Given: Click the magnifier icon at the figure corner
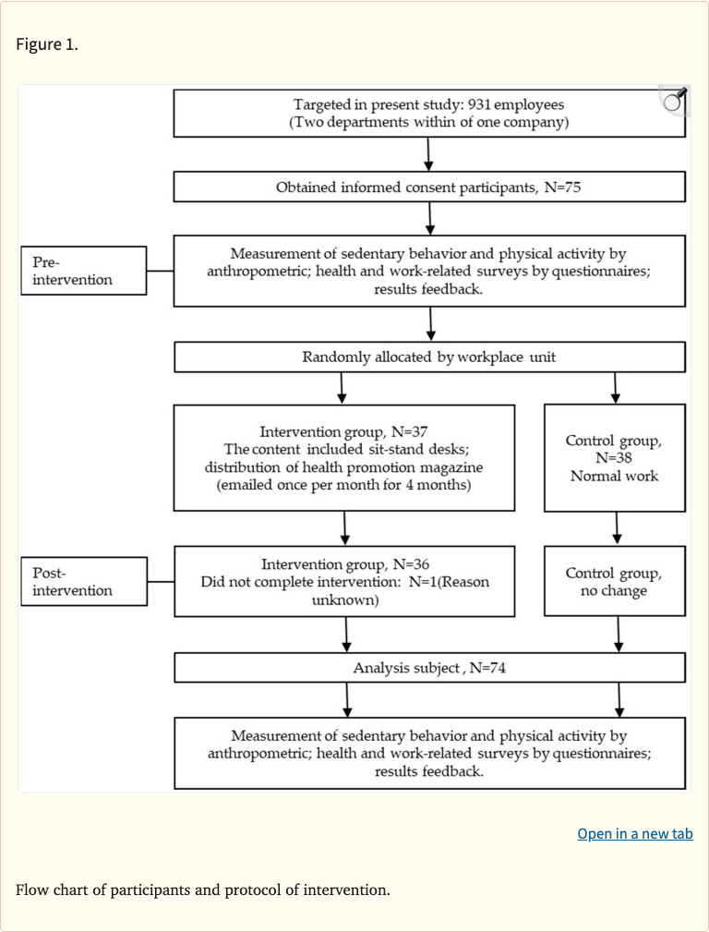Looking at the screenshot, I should point(676,100).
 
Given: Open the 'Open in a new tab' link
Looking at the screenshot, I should point(634,833).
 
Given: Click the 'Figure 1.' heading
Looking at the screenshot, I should point(47,44).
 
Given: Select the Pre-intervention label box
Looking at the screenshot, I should point(84,271).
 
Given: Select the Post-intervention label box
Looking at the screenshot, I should point(84,581).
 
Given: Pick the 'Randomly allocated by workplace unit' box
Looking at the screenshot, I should point(429,357).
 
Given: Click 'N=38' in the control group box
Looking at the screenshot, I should point(614,458).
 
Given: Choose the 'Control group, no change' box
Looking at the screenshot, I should point(614,581).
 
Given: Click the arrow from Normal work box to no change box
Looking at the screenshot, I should point(617,528).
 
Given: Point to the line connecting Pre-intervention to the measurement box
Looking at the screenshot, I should point(160,271).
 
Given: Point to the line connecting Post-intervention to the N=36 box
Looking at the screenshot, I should point(161,581).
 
